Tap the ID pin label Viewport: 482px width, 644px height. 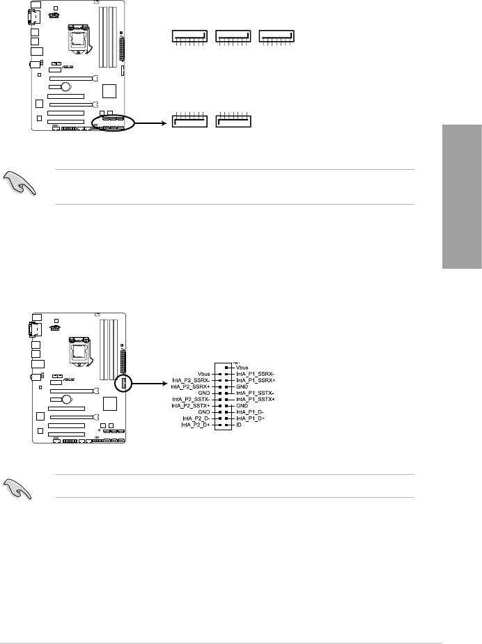239,424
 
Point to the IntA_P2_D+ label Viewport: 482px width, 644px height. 195,424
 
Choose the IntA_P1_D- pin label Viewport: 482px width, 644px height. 251,411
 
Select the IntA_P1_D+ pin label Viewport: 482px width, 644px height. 252,418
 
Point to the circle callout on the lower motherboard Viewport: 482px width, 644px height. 124,384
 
